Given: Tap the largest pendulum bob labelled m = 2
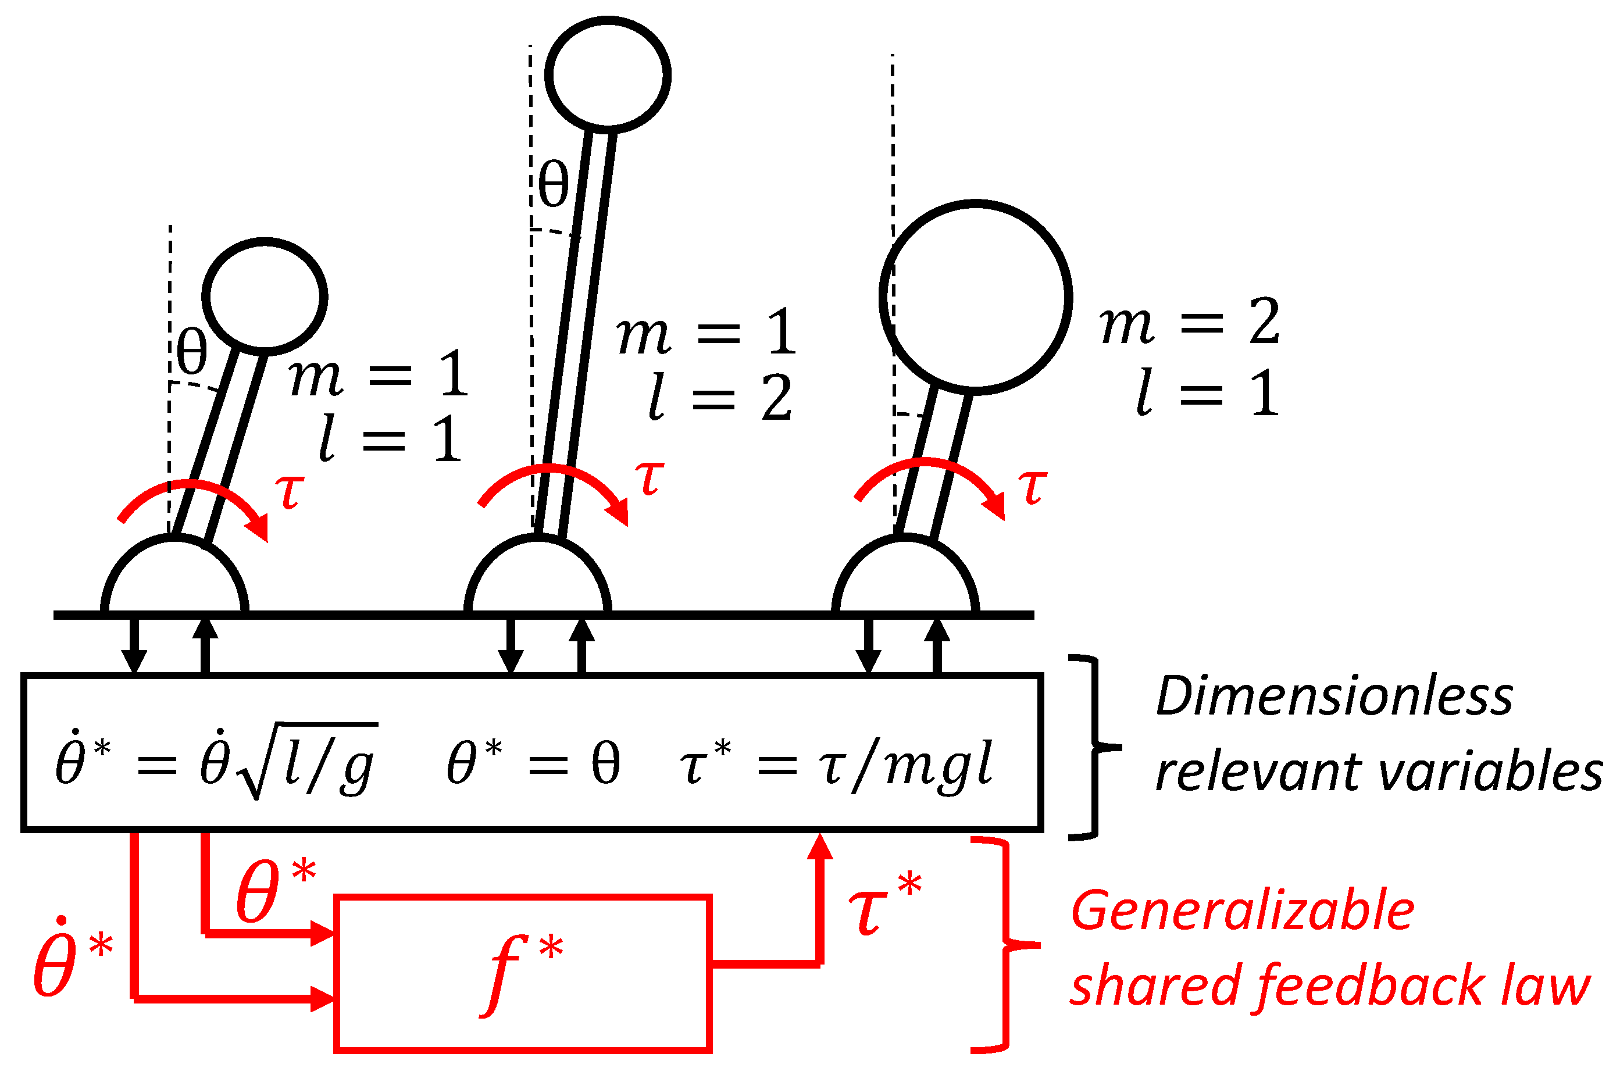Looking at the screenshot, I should click(975, 297).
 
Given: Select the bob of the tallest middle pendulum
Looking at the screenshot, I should click(608, 73).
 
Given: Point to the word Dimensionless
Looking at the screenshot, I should click(1333, 697).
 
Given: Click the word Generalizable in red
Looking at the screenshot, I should click(1242, 911).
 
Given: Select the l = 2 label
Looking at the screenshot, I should click(720, 397).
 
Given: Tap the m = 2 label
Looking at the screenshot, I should click(1190, 322).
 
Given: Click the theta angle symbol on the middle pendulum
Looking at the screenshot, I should click(552, 184).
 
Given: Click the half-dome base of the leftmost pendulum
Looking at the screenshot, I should click(175, 576).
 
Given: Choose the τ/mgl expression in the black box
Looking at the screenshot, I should click(905, 765).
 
